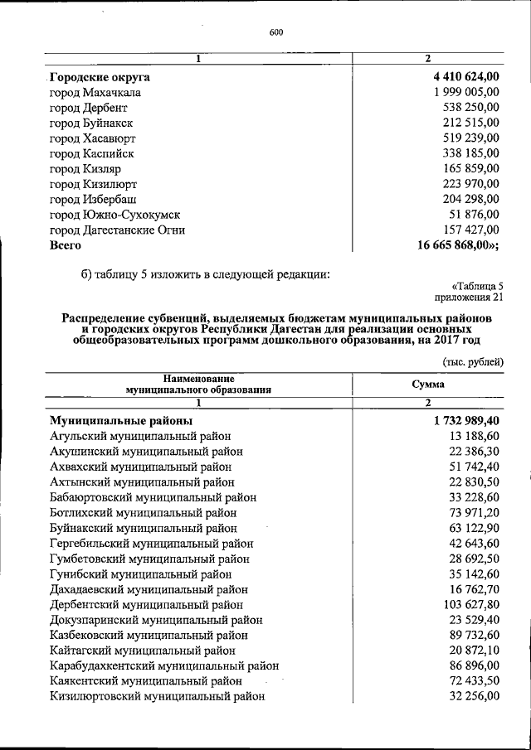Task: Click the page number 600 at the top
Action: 276,32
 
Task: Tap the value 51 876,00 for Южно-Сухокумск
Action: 473,215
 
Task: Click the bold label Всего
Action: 66,245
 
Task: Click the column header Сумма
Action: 428,385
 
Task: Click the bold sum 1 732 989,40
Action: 466,421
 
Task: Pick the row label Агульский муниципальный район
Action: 140,436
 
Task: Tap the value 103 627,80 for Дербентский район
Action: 468,604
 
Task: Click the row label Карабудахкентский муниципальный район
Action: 164,665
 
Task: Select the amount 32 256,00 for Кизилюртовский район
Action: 473,696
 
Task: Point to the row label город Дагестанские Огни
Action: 117,230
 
